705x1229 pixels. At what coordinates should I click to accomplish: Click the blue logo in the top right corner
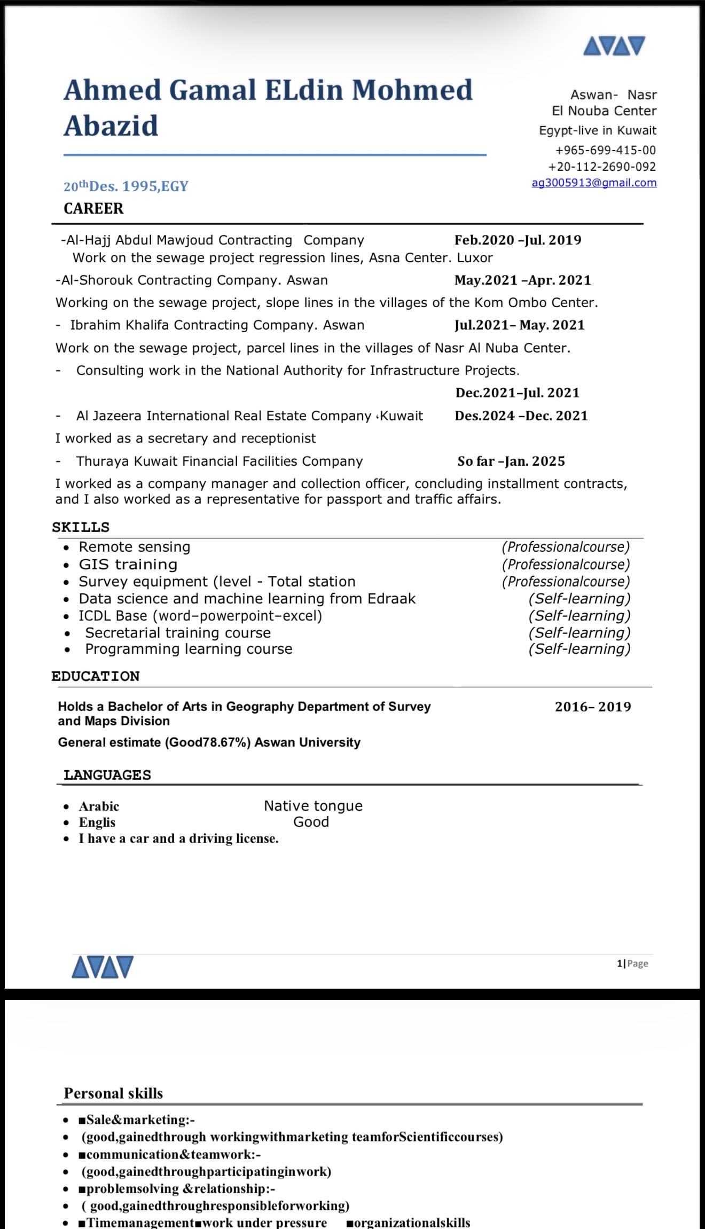614,46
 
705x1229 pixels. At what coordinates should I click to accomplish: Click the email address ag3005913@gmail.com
594,183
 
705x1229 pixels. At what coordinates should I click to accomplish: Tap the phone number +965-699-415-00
605,150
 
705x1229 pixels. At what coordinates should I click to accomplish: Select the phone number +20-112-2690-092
601,167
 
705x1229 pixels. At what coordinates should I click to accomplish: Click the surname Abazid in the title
111,127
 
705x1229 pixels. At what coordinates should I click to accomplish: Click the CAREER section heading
93,208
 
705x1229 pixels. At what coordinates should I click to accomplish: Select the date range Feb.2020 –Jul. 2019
518,240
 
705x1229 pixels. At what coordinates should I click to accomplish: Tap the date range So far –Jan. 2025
511,461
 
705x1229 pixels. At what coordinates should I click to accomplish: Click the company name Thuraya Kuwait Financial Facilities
219,461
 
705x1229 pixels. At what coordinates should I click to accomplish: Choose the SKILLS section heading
81,527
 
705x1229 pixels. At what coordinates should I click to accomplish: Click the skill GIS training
128,565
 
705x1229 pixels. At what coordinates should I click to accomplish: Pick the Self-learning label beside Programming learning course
579,649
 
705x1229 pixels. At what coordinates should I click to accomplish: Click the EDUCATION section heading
96,676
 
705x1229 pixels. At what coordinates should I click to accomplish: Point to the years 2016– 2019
592,707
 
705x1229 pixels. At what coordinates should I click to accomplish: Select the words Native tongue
313,805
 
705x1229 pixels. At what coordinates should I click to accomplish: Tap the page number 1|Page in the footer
632,963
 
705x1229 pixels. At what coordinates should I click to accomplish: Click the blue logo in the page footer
103,967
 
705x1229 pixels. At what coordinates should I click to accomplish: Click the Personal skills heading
113,1093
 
